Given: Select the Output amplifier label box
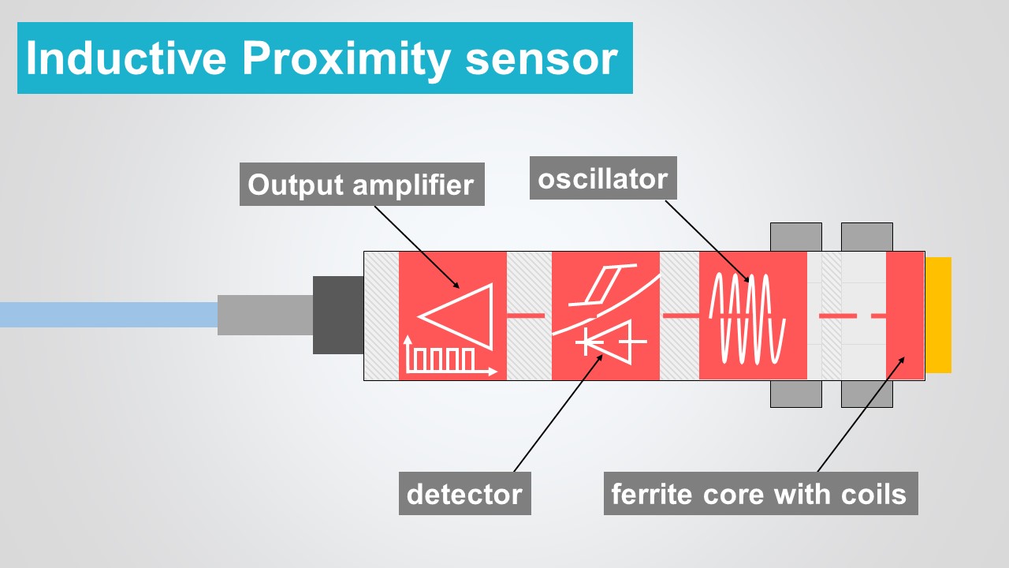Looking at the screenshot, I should [361, 185].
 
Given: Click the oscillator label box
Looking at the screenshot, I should [602, 179].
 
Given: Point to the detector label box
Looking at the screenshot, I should [464, 494].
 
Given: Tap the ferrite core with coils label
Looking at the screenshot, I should [760, 494].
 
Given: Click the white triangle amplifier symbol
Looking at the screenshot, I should [461, 316].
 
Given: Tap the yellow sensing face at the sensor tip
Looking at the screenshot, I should [938, 315].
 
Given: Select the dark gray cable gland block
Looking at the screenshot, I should [337, 315].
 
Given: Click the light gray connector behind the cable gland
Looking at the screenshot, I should [264, 315].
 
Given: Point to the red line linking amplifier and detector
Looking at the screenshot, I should [525, 316].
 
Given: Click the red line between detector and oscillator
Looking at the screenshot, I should [679, 316].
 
